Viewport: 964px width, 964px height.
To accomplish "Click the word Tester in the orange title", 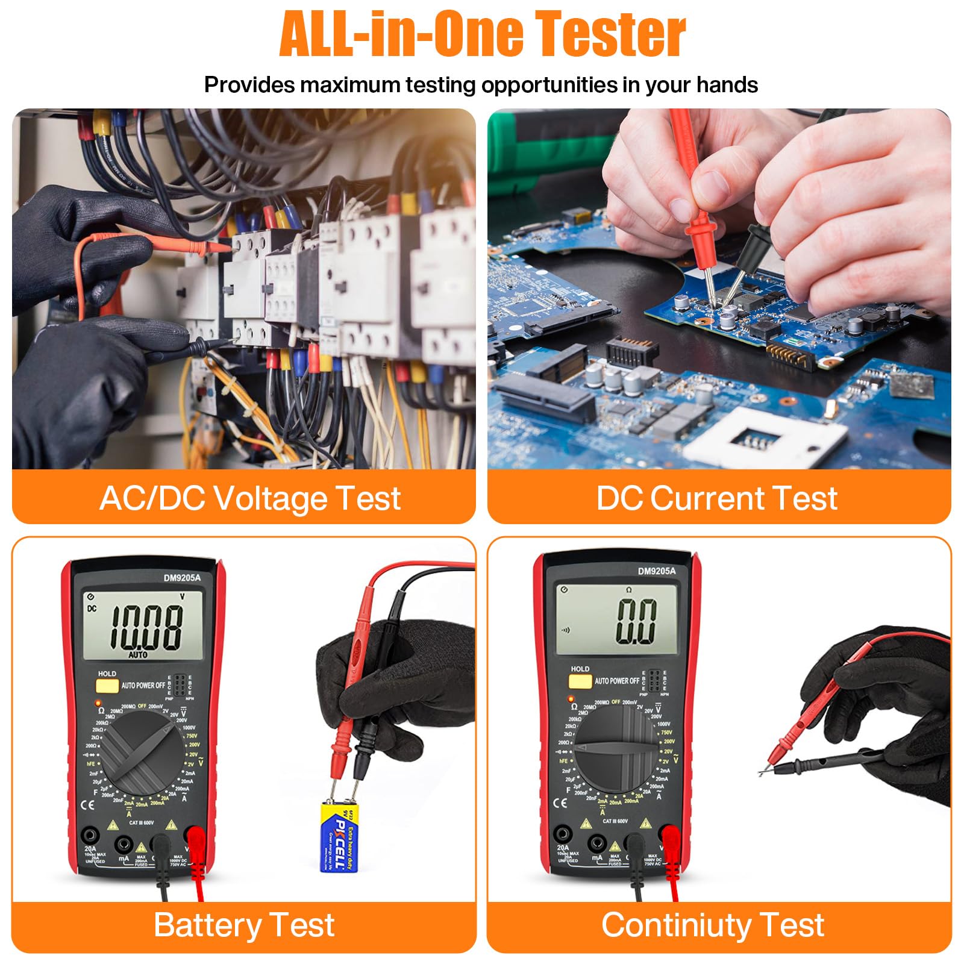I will pyautogui.click(x=610, y=34).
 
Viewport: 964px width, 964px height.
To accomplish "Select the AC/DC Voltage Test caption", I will pyautogui.click(x=250, y=499).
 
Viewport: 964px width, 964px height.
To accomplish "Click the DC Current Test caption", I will pyautogui.click(x=716, y=499).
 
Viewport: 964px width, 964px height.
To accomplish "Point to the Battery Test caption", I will pyautogui.click(x=243, y=925).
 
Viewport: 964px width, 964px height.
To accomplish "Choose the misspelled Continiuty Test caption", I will pyautogui.click(x=712, y=925).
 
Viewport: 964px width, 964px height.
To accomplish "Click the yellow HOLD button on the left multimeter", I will pyautogui.click(x=107, y=686).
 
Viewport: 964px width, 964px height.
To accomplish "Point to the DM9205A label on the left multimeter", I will pyautogui.click(x=182, y=578).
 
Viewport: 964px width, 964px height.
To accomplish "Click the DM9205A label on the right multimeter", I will pyautogui.click(x=657, y=571).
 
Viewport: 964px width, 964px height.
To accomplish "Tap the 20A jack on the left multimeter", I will pyautogui.click(x=91, y=836).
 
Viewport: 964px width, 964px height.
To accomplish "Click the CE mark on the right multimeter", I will pyautogui.click(x=560, y=803).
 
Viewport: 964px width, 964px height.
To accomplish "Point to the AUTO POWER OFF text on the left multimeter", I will pyautogui.click(x=143, y=686).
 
